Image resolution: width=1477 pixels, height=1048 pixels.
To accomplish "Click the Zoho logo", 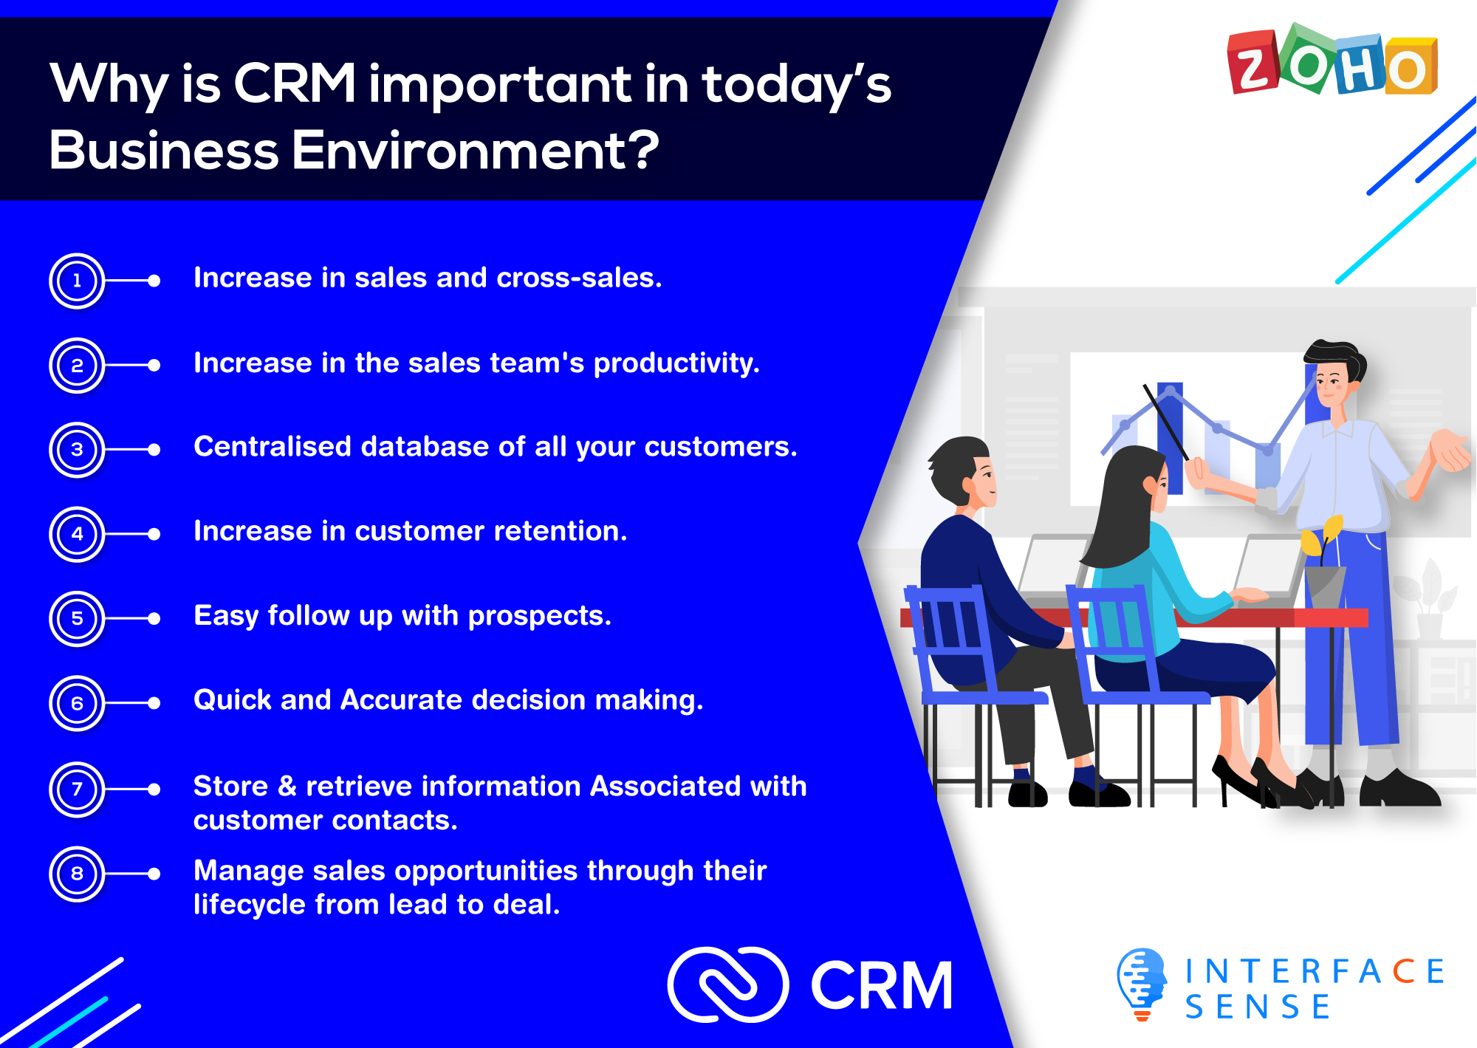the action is tap(1333, 60).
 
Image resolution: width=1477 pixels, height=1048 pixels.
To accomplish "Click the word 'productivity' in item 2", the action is tap(676, 363).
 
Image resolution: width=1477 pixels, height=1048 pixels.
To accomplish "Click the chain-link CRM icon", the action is tap(728, 984).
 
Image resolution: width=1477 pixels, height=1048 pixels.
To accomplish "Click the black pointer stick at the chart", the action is tap(1166, 422).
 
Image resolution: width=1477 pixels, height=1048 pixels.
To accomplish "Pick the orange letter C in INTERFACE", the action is tap(1403, 971).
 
